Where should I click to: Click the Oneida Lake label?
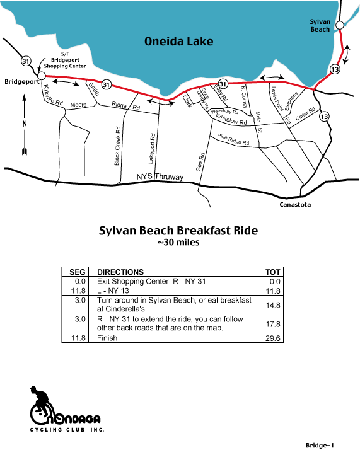click(x=178, y=42)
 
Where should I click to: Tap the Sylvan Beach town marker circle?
click(x=340, y=25)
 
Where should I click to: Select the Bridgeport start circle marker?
click(x=42, y=76)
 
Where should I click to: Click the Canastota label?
click(x=295, y=205)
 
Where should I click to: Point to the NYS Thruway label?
click(x=160, y=176)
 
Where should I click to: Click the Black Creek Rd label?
click(x=117, y=146)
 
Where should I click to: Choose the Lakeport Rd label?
click(x=152, y=149)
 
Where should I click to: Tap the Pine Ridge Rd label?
click(x=233, y=139)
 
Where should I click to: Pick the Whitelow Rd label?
click(x=231, y=119)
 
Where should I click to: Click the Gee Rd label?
click(x=200, y=162)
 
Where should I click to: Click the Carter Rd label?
click(x=305, y=113)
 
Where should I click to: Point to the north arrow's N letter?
click(x=25, y=124)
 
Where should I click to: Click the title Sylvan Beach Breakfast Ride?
click(x=178, y=231)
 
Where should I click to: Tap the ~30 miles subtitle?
click(x=178, y=243)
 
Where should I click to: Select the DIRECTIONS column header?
click(x=120, y=272)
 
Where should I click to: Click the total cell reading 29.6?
click(x=273, y=338)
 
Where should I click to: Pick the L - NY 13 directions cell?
click(x=113, y=291)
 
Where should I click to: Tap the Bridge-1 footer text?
click(x=320, y=446)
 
